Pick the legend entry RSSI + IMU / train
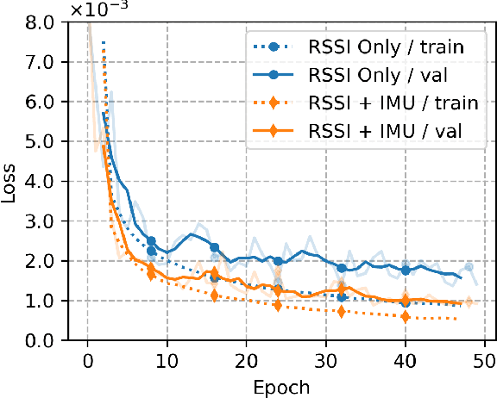pos(393,103)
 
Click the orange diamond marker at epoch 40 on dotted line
pos(406,317)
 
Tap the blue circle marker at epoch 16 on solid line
pos(215,247)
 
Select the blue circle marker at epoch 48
pos(469,267)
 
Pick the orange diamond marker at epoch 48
pos(469,302)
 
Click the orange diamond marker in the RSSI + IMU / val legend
pos(275,132)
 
